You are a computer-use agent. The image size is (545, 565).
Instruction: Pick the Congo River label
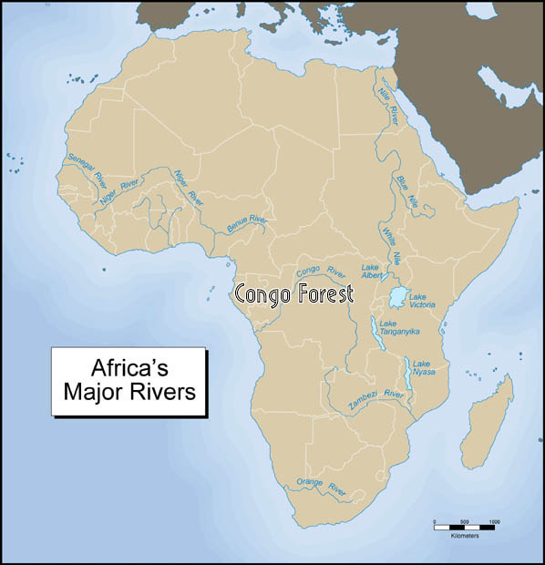click(322, 271)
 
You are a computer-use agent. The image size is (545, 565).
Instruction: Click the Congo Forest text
click(293, 294)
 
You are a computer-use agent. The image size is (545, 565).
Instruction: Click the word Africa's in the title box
click(129, 369)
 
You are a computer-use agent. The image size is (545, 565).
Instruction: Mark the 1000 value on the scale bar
click(494, 522)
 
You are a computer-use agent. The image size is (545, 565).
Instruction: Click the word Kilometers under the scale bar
click(464, 535)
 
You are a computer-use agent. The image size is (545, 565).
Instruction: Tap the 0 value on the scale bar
click(435, 522)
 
